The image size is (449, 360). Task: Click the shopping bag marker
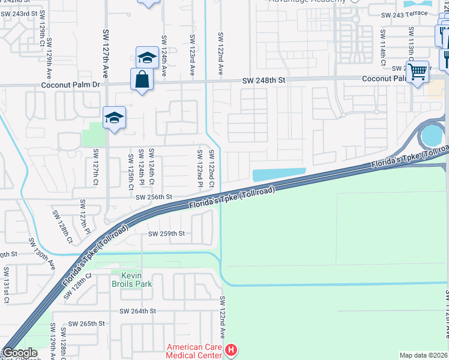(x=142, y=79)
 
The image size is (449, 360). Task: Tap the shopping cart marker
(x=417, y=73)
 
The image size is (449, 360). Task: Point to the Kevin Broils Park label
(x=132, y=280)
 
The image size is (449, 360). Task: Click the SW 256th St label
(x=154, y=197)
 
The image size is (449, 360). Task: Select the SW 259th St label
(x=166, y=233)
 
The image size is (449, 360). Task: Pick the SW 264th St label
(x=137, y=311)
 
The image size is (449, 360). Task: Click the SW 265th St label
(x=86, y=323)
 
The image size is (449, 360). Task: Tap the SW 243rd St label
(x=35, y=13)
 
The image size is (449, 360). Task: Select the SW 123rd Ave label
(x=193, y=54)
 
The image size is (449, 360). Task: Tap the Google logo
(x=20, y=353)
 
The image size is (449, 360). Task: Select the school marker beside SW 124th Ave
(x=147, y=58)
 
